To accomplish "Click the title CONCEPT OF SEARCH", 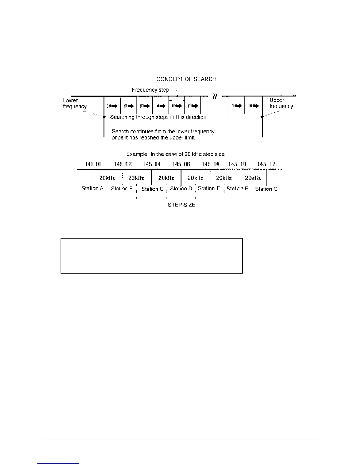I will click(x=186, y=79).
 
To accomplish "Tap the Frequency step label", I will click(x=150, y=90).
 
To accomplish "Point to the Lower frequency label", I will click(x=75, y=103).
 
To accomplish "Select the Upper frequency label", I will click(x=281, y=103).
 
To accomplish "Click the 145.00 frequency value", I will click(x=93, y=164).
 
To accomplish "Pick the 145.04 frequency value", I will click(x=152, y=164).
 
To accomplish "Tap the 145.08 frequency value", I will click(x=211, y=164).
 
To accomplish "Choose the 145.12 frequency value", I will click(x=266, y=164).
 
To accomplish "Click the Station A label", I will click(x=93, y=188).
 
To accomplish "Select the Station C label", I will click(x=152, y=189).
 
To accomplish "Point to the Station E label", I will click(x=209, y=188).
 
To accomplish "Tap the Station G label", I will click(x=266, y=189).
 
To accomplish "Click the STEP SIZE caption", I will click(x=181, y=205).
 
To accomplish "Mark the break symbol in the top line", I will click(x=215, y=96).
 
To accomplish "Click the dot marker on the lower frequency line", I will click(x=104, y=117).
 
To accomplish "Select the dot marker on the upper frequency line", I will click(x=262, y=117).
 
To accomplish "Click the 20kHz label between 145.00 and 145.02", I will click(x=107, y=178).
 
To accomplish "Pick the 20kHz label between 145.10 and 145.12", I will click(x=253, y=178).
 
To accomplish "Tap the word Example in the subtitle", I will click(x=137, y=154).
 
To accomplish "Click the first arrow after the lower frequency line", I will click(x=112, y=106).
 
